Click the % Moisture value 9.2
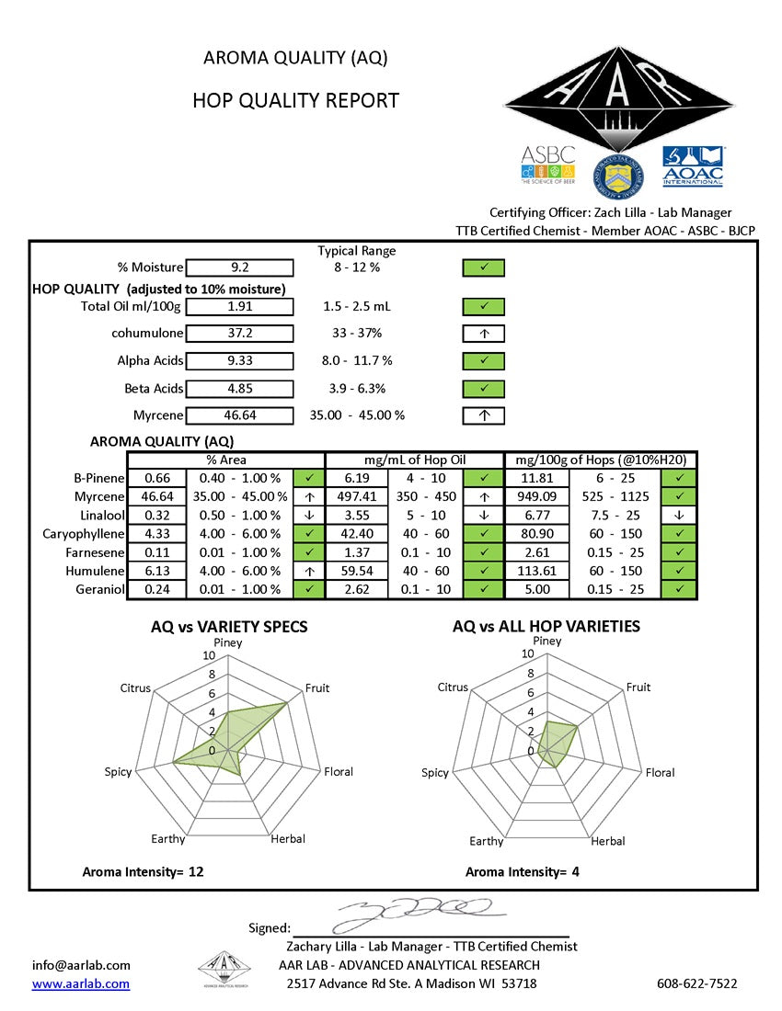240,267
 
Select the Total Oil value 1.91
240,306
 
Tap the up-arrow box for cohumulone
484,334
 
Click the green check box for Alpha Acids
484,361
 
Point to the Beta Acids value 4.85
240,389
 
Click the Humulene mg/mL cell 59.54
357,571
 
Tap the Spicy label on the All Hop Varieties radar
434,773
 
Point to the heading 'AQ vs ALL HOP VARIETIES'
546,627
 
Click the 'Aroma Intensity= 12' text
143,871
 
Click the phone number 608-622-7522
696,983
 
